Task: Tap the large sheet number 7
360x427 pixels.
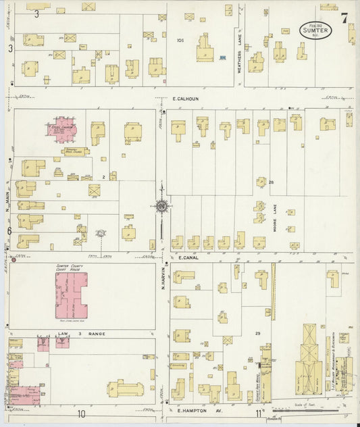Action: click(344, 18)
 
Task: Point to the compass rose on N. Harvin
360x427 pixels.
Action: click(161, 206)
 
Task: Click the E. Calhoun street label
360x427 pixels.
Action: click(184, 99)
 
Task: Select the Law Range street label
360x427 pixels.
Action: click(73, 334)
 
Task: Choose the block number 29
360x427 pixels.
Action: click(257, 334)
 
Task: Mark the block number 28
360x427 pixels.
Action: click(271, 182)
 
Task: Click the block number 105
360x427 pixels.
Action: click(180, 41)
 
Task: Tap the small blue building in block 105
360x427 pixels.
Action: click(222, 58)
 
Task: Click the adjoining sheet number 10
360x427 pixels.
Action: click(80, 413)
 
